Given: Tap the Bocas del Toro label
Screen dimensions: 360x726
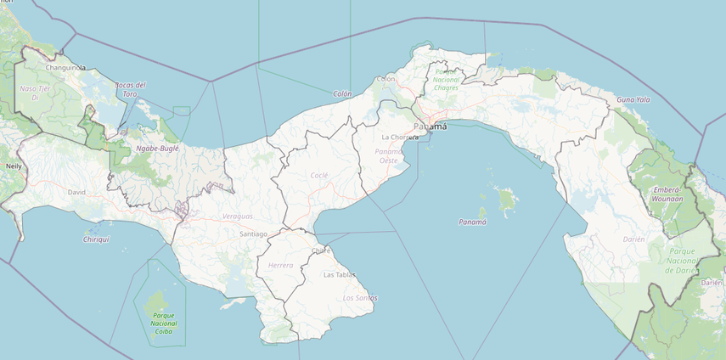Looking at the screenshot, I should (130, 89).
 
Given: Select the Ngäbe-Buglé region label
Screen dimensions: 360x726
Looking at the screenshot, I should (157, 149).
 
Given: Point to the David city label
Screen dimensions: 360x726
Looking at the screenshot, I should (76, 192).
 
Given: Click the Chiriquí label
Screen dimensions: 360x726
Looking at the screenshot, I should (96, 239).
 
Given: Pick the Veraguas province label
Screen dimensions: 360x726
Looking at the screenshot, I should (238, 217).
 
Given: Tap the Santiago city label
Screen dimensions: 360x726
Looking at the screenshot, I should (253, 233).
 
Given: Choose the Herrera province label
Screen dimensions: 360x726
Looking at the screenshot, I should (280, 266).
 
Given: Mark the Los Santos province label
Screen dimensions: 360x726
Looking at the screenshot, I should (359, 298).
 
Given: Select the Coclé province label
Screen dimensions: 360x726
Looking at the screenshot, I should (319, 175).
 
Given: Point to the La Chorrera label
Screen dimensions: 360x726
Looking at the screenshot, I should (400, 137).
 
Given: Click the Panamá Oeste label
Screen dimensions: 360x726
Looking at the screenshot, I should (387, 155).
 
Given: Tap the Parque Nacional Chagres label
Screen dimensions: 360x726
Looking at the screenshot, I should (447, 80).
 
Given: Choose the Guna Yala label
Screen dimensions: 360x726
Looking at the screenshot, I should (633, 99).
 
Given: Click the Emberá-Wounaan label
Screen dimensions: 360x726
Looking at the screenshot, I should (667, 195).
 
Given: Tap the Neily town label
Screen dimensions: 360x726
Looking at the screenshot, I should (14, 166).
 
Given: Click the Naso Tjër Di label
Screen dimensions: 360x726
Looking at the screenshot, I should (36, 93).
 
